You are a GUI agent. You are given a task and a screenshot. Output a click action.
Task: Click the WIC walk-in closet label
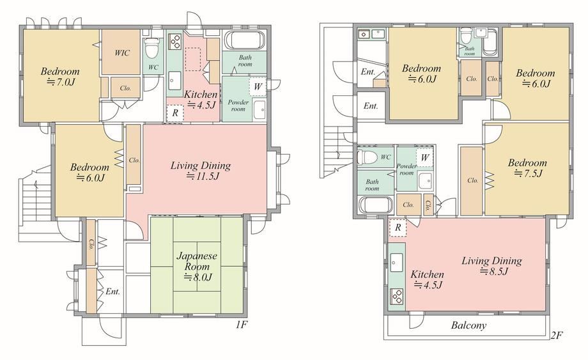click(x=122, y=53)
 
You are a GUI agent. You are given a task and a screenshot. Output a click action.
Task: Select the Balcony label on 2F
click(x=468, y=325)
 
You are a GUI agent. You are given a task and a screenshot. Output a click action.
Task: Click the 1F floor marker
click(x=242, y=324)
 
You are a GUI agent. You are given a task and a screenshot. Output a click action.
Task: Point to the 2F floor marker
click(x=557, y=335)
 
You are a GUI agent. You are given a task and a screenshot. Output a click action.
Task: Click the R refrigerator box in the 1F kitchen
click(x=174, y=113)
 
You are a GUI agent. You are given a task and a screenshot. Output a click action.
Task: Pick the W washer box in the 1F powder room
click(x=258, y=86)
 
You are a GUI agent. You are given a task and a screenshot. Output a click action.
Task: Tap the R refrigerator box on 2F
click(x=398, y=228)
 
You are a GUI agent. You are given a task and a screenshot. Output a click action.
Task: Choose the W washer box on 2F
click(x=425, y=157)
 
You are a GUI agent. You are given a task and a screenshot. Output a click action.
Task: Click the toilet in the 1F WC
click(x=152, y=48)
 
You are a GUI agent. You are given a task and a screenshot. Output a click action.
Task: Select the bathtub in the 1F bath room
click(x=245, y=40)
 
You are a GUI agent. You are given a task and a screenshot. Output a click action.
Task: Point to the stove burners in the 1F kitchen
click(x=174, y=42)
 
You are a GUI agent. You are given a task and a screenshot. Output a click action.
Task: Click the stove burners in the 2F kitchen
click(x=397, y=296)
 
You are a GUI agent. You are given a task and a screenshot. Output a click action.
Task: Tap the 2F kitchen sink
click(x=396, y=262)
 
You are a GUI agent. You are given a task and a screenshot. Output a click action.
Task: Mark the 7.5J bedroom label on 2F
click(x=527, y=168)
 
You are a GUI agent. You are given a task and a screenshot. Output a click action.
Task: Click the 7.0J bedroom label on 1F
click(x=60, y=76)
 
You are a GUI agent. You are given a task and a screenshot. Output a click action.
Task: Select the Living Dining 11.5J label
click(x=201, y=171)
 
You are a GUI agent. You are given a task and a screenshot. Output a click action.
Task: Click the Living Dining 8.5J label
click(x=491, y=266)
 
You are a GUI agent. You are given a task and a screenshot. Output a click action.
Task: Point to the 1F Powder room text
click(x=238, y=106)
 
